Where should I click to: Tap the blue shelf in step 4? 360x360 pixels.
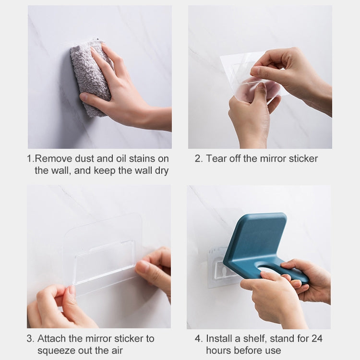254,240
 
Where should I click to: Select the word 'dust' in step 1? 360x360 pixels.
98,158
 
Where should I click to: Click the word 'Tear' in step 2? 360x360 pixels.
216,158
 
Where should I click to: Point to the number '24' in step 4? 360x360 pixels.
317,338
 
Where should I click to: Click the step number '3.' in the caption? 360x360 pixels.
30,338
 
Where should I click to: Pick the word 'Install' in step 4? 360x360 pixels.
221,338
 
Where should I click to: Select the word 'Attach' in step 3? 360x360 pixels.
52,338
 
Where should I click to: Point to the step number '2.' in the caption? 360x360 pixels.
199,158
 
